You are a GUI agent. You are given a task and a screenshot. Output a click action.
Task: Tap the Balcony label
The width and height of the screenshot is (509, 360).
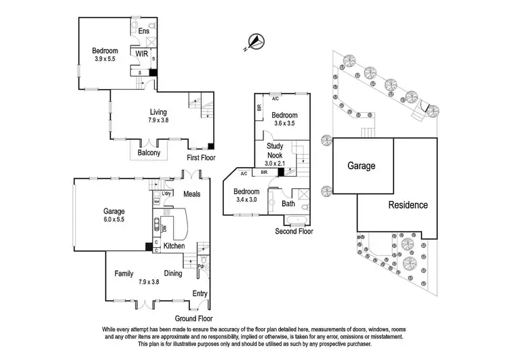pyautogui.click(x=149, y=153)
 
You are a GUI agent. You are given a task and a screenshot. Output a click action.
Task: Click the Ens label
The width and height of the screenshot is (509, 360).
pyautogui.click(x=143, y=31)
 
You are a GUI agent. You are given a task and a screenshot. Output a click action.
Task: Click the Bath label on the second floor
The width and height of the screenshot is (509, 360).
pyautogui.click(x=288, y=203)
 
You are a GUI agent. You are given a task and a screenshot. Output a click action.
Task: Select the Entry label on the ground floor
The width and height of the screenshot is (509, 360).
pyautogui.click(x=200, y=293)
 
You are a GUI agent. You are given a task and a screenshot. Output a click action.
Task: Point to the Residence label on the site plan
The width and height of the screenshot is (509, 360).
pyautogui.click(x=407, y=204)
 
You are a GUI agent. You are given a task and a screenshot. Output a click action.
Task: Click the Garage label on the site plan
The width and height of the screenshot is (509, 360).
pyautogui.click(x=362, y=165)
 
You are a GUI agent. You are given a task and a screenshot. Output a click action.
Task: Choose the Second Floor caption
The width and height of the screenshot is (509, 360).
pyautogui.click(x=294, y=232)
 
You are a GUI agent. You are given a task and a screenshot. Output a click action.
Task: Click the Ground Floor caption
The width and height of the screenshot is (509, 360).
pyautogui.click(x=193, y=318)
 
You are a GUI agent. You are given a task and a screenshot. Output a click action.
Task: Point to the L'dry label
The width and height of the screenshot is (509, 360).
pyautogui.click(x=166, y=193)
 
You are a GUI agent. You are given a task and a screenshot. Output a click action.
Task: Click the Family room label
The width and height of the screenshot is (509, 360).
pyautogui.click(x=124, y=273)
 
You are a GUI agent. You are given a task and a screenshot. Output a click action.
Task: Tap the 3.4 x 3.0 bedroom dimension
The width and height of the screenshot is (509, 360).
pyautogui.click(x=246, y=201)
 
